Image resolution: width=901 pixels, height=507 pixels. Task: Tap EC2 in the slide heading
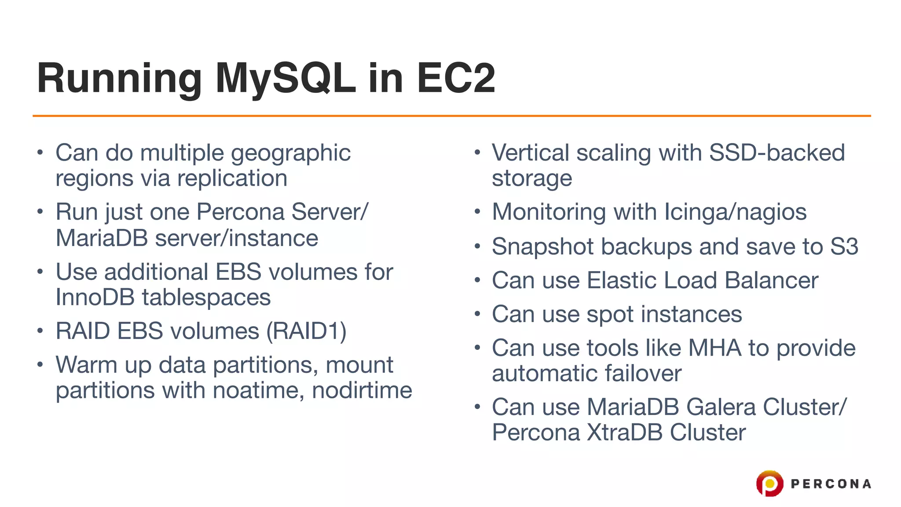pyautogui.click(x=456, y=78)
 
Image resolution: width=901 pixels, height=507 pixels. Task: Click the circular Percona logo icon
pyautogui.click(x=769, y=483)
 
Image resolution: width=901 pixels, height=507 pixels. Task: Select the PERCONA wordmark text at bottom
pyautogui.click(x=831, y=484)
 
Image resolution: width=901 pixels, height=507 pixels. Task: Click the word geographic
pyautogui.click(x=291, y=154)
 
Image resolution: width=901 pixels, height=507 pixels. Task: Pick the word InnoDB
pyautogui.click(x=95, y=298)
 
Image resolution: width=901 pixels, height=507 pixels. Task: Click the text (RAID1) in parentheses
pyautogui.click(x=307, y=331)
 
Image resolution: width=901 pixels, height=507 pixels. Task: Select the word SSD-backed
pyautogui.click(x=777, y=153)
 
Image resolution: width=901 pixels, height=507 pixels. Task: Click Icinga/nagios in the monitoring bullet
pyautogui.click(x=735, y=212)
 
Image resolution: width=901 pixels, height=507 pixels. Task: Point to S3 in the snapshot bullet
pyautogui.click(x=844, y=246)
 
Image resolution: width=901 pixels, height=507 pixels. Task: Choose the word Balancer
pyautogui.click(x=771, y=281)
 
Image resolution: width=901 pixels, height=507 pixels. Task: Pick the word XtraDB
pyautogui.click(x=625, y=433)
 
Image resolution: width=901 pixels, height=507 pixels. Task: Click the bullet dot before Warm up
pyautogui.click(x=40, y=364)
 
